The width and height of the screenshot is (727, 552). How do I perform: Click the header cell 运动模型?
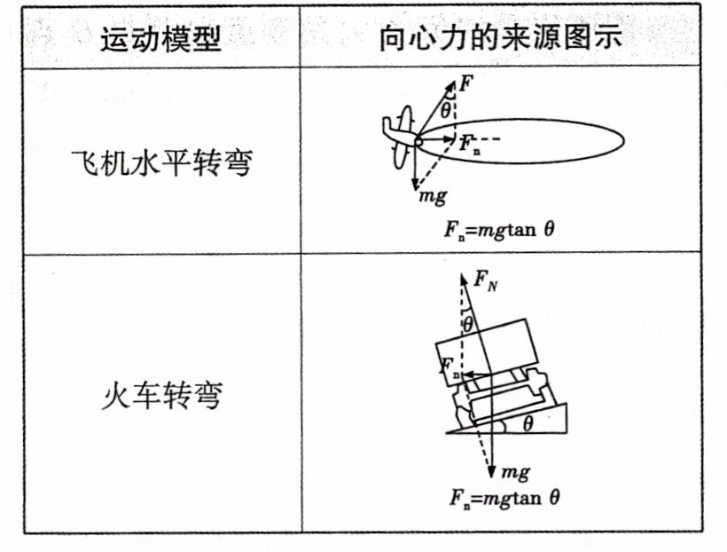click(x=160, y=40)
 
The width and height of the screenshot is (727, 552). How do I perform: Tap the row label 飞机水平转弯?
click(x=160, y=162)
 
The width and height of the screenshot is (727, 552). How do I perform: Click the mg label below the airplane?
click(x=433, y=195)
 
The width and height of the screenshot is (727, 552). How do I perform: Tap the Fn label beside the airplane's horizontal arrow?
click(x=469, y=143)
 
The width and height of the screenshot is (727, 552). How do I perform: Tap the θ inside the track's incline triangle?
click(x=528, y=424)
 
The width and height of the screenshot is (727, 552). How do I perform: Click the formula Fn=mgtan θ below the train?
click(x=502, y=498)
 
